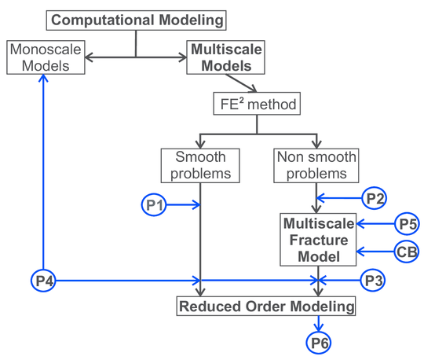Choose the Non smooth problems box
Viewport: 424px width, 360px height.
(x=316, y=163)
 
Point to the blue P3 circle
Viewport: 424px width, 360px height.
(x=374, y=279)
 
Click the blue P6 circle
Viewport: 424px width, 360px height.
(x=318, y=342)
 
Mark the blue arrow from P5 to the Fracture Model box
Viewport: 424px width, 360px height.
(x=374, y=224)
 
